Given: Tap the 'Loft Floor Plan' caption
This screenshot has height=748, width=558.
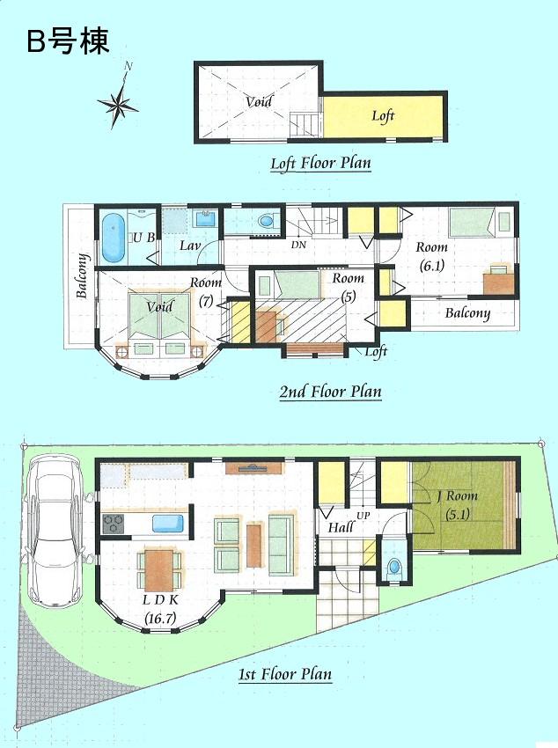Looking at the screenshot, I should coord(320,163).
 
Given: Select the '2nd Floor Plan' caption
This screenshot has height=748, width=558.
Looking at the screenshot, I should coord(331,392).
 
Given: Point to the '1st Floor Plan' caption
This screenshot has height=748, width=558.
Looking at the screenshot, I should coord(285,675).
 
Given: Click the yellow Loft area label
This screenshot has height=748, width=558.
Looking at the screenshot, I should coord(383,116).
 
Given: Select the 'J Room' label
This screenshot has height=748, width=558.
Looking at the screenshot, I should coord(457,496).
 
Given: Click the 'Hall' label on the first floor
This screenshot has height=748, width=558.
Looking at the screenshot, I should coord(341,528).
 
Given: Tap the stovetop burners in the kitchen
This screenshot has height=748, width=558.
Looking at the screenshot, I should coord(114,524).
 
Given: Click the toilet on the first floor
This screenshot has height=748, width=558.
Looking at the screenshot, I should coord(393,566).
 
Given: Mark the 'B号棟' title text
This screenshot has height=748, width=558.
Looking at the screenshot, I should coord(68,41).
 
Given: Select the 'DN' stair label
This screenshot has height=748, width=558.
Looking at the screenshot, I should coord(299,246).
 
